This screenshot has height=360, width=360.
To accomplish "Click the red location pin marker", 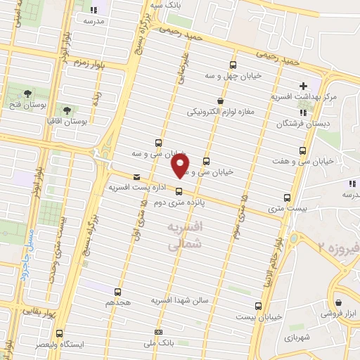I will tap(181, 165).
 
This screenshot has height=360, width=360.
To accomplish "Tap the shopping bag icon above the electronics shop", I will tap(220, 101).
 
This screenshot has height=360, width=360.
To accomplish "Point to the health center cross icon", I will tap(302, 86).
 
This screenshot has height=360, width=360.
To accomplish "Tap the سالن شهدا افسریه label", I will tap(180, 300).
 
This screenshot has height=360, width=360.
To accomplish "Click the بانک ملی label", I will tap(158, 342).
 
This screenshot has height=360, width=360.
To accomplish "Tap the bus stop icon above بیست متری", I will tap(286, 198).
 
